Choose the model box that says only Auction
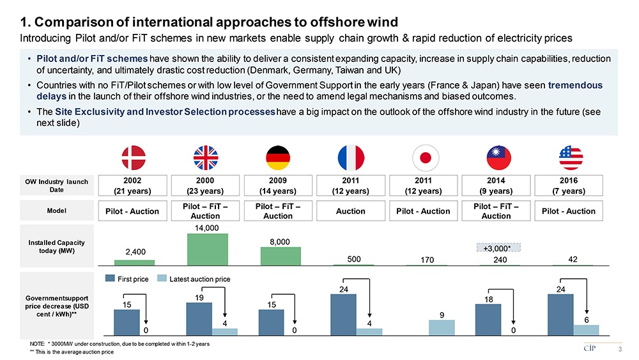click(350, 211)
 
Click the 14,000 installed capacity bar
click(206, 249)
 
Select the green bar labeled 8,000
click(279, 255)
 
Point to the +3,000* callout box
click(499, 247)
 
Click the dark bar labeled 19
click(199, 318)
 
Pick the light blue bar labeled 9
click(441, 327)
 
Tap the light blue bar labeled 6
click(586, 329)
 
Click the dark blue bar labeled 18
click(488, 318)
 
